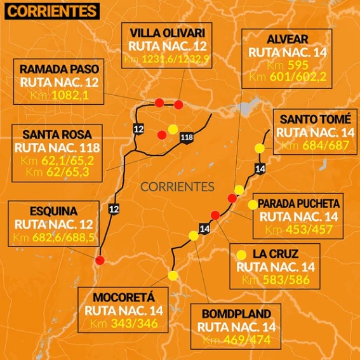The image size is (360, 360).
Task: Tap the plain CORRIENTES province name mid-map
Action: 177,187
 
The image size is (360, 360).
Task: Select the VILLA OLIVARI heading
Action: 167,33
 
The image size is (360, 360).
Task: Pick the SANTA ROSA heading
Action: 57,135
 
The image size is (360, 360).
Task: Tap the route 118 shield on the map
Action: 186,138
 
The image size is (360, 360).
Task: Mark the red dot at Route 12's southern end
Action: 100,260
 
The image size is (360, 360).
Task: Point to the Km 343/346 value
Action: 130,324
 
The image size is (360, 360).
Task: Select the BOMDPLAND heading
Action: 236,314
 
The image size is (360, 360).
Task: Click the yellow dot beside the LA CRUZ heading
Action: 241,255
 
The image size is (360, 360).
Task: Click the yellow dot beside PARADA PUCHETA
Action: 253,204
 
